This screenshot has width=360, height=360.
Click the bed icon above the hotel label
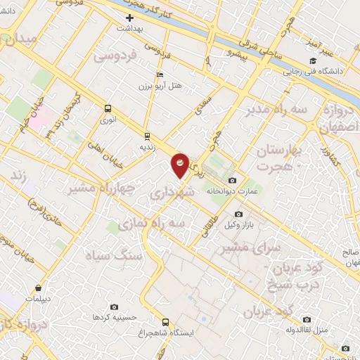point(160,75)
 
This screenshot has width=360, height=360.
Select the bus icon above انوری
point(108,108)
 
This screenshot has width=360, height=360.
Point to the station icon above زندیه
point(147,136)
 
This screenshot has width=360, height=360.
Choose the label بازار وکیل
point(238,224)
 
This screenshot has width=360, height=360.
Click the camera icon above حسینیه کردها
point(115,307)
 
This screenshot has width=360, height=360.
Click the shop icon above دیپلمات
point(37,288)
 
